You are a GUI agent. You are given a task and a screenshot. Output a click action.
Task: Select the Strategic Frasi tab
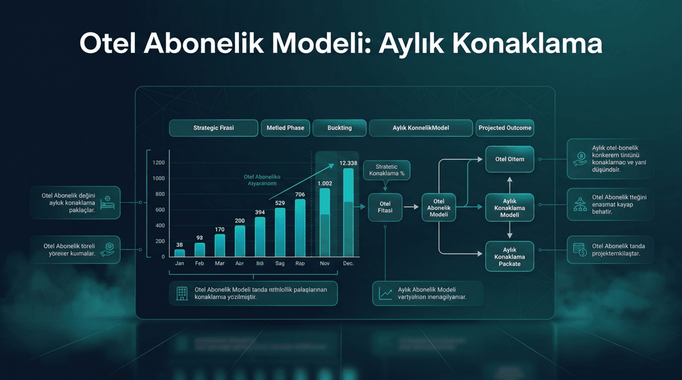pyautogui.click(x=213, y=128)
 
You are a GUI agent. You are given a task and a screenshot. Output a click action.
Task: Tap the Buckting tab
pyautogui.click(x=339, y=128)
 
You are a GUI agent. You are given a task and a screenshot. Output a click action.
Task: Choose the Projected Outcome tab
pyautogui.click(x=505, y=128)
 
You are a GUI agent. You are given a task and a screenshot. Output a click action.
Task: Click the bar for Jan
pyautogui.click(x=179, y=253)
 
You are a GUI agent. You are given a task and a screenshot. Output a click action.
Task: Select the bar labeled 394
pyautogui.click(x=260, y=237)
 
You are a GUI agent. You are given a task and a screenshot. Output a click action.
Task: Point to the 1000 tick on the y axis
pyautogui.click(x=158, y=178)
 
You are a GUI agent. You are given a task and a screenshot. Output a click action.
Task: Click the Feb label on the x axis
pyautogui.click(x=199, y=263)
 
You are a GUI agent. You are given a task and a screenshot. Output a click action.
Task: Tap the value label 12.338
pyautogui.click(x=348, y=163)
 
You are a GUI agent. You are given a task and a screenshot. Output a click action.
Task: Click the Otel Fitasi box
pyautogui.click(x=385, y=207)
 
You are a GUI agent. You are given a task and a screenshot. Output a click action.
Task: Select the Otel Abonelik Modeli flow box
pyautogui.click(x=439, y=207)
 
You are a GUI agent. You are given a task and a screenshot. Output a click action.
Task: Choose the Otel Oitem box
pyautogui.click(x=509, y=159)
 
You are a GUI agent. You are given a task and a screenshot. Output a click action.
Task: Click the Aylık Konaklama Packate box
pyautogui.click(x=509, y=256)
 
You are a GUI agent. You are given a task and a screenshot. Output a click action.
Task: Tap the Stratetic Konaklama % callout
pyautogui.click(x=386, y=170)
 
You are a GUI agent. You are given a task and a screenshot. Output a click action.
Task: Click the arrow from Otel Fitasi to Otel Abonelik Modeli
pyautogui.click(x=411, y=207)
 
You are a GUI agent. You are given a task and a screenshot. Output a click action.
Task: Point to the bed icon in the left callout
pyautogui.click(x=107, y=202)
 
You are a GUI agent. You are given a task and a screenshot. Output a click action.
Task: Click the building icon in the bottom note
pyautogui.click(x=182, y=293)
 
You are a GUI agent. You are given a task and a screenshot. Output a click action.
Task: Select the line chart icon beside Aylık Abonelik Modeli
pyautogui.click(x=385, y=293)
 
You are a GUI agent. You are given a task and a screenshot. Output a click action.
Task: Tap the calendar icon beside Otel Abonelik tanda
pyautogui.click(x=579, y=249)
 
